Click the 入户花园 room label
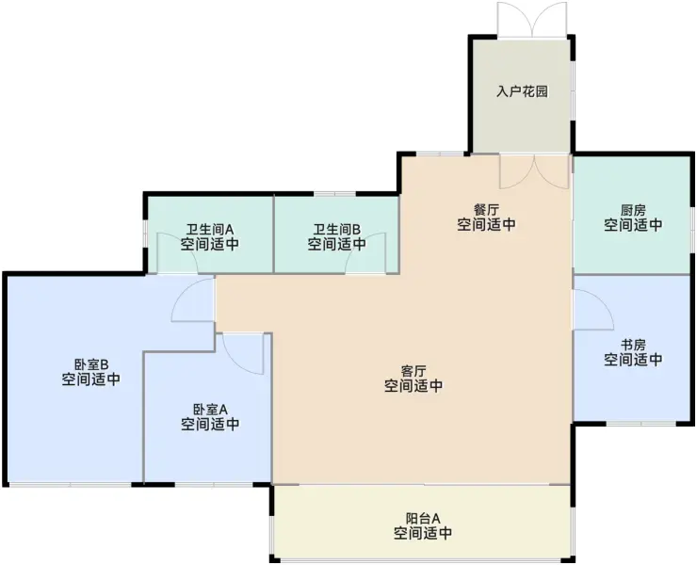tap(523, 92)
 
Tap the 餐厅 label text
tap(486, 209)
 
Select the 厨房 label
tap(633, 209)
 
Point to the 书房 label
tap(633, 344)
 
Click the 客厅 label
tap(413, 370)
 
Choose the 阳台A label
tap(423, 518)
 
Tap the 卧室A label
tap(210, 409)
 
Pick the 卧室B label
tap(91, 364)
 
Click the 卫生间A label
tap(209, 230)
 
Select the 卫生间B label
tap(337, 230)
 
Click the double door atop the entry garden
tap(532, 20)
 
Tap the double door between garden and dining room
tap(534, 171)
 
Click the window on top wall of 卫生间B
tap(334, 194)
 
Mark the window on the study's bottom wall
tap(641, 423)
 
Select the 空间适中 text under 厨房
tap(633, 224)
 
